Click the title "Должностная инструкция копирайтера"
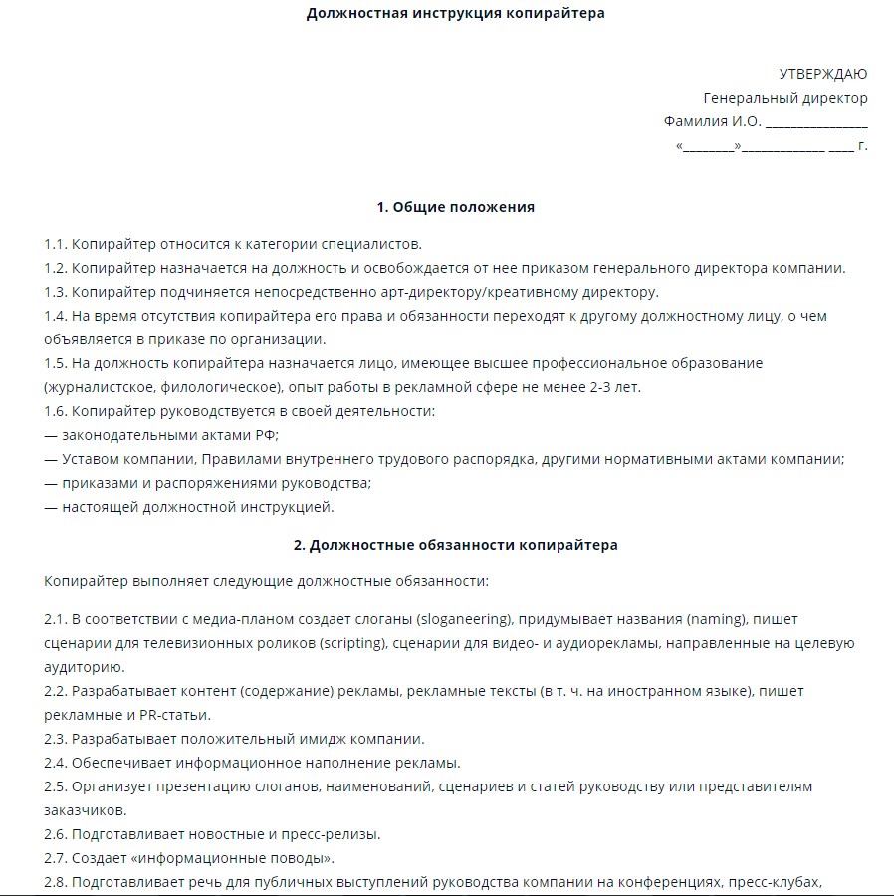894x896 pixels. pyautogui.click(x=455, y=14)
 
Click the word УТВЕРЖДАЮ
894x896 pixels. pyautogui.click(x=822, y=74)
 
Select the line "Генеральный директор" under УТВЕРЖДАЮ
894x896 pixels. pyautogui.click(x=785, y=98)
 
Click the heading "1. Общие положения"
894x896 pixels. pyautogui.click(x=455, y=207)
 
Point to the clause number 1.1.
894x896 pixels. pyautogui.click(x=55, y=244)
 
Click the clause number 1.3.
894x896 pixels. pyautogui.click(x=55, y=292)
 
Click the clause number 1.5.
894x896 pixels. pyautogui.click(x=55, y=363)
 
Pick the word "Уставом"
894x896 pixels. pyautogui.click(x=92, y=459)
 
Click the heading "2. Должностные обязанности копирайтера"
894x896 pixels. pyautogui.click(x=455, y=545)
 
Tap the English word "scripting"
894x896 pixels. pyautogui.click(x=353, y=642)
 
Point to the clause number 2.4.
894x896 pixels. pyautogui.click(x=55, y=763)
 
